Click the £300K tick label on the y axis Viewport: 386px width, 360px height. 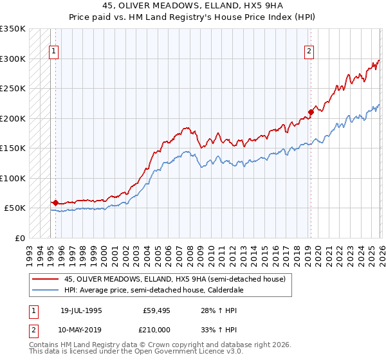point(13,59)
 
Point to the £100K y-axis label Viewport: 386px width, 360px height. point(13,178)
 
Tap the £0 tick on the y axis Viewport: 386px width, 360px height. point(19,238)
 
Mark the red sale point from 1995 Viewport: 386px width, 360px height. point(55,203)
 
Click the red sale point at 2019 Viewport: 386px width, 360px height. point(310,113)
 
